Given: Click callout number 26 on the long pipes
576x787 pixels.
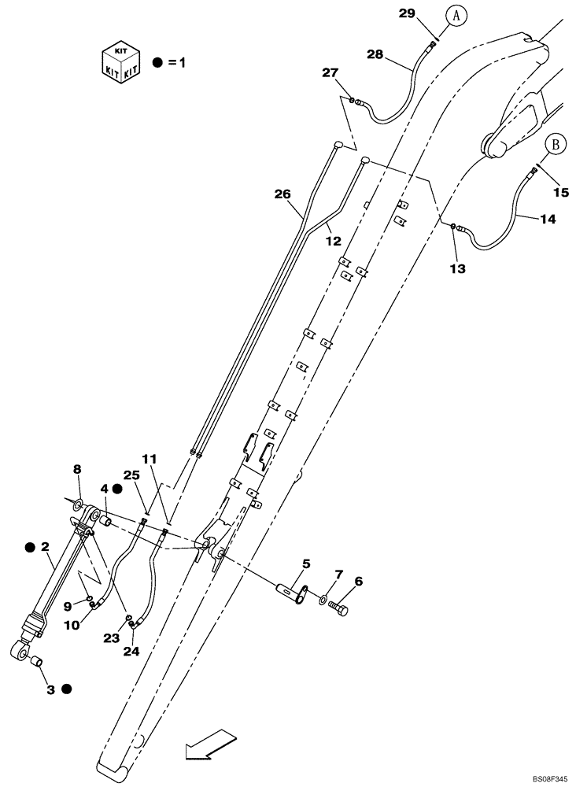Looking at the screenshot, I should click(282, 194).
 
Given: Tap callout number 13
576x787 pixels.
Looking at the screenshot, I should click(457, 268).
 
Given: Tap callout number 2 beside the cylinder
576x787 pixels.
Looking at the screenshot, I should click(45, 545).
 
